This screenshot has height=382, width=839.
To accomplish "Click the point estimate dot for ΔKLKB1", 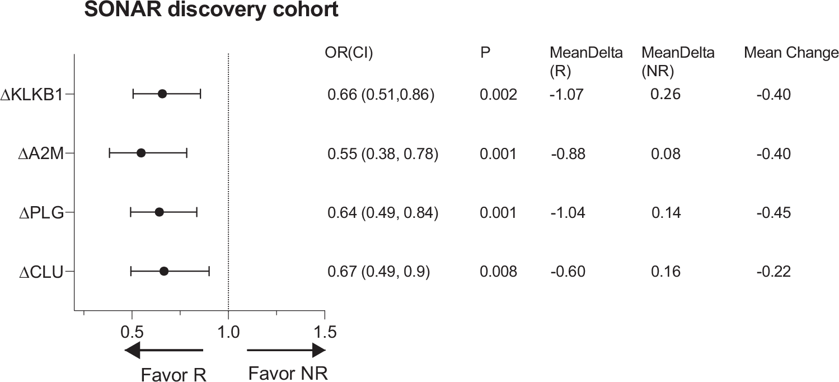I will coord(162,94).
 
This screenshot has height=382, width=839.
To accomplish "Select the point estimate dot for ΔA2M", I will coord(141,153).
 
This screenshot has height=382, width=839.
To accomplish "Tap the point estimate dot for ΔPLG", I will coord(159,212).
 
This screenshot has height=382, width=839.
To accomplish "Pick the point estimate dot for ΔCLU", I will coord(164,271).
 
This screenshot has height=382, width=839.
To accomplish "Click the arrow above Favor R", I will coord(163,351).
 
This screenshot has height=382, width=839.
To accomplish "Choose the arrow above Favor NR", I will coord(286,351).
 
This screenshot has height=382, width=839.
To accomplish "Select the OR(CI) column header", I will coord(349,53).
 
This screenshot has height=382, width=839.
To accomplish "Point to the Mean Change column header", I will coord(791,53).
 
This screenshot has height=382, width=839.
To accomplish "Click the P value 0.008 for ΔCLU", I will coord(498,272).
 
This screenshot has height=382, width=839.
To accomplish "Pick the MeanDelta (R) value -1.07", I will coord(566,95).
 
